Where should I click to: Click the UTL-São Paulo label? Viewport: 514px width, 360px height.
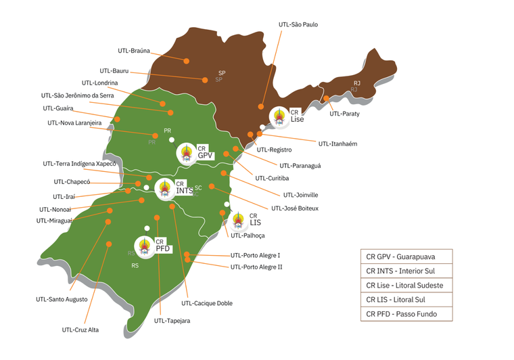pos(298,24)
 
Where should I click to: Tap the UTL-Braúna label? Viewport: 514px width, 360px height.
pos(134,51)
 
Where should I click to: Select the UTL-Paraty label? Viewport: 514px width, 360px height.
pos(344,114)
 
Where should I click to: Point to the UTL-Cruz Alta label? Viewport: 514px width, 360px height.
pos(80,330)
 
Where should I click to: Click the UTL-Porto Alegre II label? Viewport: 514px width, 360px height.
pos(256,267)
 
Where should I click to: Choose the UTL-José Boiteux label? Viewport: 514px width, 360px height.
pos(294,208)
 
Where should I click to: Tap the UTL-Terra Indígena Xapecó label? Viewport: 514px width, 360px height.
pos(79,164)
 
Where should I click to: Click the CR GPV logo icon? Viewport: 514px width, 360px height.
pos(187,153)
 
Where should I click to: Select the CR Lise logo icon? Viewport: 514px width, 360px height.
pos(279,116)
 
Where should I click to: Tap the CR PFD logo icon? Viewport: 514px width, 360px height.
pos(145,246)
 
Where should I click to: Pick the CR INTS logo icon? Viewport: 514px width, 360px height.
pos(165,189)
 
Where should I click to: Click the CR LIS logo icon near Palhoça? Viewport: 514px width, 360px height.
pos(239,221)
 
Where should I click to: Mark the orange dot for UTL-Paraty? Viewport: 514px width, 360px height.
pos(326,98)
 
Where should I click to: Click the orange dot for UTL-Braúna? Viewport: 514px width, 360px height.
pos(186,61)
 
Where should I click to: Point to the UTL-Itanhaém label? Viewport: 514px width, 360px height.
pos(337,143)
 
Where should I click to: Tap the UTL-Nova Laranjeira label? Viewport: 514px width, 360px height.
pos(74,123)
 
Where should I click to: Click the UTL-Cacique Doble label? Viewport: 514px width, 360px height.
pos(207,303)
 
